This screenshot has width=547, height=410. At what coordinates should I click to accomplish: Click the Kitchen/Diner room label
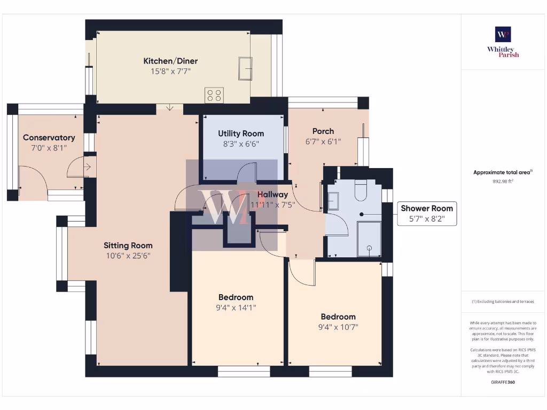(x=170, y=61)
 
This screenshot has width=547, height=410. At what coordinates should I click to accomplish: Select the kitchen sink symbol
(x=245, y=68)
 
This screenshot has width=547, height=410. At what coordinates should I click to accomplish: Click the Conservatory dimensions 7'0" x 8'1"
(x=49, y=148)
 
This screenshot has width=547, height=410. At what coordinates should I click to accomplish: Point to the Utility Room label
(x=241, y=133)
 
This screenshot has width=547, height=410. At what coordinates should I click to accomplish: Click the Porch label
(x=323, y=131)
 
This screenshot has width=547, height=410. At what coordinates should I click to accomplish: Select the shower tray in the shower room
(x=369, y=239)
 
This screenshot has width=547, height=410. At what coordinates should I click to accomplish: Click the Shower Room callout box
(x=427, y=214)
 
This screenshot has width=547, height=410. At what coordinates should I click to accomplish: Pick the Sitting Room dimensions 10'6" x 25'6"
(x=128, y=256)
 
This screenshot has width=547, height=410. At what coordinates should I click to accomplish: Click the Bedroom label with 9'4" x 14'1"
(x=236, y=297)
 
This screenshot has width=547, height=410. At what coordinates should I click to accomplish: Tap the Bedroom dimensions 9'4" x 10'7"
(x=338, y=327)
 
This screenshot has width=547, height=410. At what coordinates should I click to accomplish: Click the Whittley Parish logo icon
(x=503, y=34)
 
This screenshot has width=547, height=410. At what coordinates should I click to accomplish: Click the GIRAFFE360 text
(x=503, y=382)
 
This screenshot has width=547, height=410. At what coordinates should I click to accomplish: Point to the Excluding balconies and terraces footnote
(x=503, y=302)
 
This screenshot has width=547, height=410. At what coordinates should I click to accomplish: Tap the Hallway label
(x=272, y=195)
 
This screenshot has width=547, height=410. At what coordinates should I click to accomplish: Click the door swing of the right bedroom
(x=302, y=273)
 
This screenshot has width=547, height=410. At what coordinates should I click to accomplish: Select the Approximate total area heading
(x=503, y=172)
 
